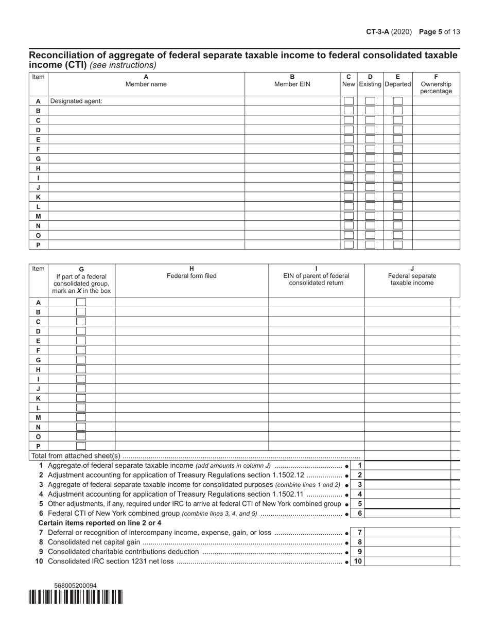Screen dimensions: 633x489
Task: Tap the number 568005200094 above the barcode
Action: pos(75,586)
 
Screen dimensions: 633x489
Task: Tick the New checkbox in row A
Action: pos(348,101)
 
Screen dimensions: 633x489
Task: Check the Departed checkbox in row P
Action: pos(397,245)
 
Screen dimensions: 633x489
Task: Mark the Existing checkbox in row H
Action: pos(370,168)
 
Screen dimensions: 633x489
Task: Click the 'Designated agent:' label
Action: pos(76,101)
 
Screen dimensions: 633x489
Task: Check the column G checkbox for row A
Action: pos(81,303)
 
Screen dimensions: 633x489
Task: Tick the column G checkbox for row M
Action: pos(81,417)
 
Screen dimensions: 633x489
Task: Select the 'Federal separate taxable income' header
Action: pos(412,279)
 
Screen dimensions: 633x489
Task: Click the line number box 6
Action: pos(360,514)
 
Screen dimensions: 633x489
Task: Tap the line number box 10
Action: pos(358,561)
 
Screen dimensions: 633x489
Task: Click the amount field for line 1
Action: pos(407,466)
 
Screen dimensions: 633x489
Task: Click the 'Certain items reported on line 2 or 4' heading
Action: pos(100,523)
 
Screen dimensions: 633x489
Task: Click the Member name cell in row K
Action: pos(146,197)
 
